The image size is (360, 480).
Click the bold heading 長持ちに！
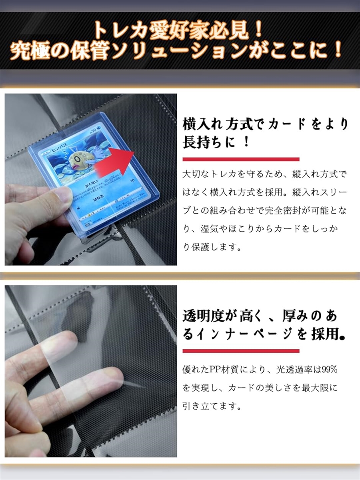pyautogui.click(x=216, y=142)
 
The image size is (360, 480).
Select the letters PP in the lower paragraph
pyautogui.click(x=216, y=369)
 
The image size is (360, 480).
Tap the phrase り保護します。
pyautogui.click(x=212, y=247)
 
